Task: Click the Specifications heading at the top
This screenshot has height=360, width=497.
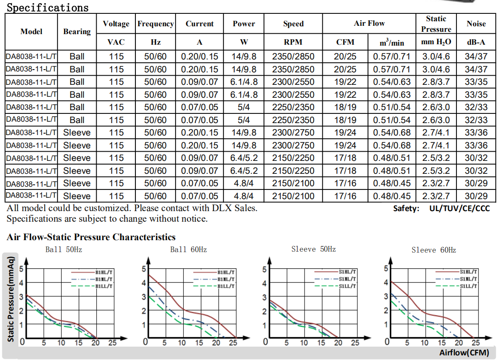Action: tap(47, 7)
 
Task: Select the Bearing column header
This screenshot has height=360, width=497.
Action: tap(77, 31)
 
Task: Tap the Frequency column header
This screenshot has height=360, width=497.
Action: tap(156, 24)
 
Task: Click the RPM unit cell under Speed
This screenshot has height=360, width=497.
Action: tap(293, 42)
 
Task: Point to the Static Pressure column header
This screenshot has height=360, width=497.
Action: tap(436, 24)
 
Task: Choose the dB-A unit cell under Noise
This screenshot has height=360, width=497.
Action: tap(476, 42)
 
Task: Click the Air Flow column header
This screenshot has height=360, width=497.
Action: tap(369, 24)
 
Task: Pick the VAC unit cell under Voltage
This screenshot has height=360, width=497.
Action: tap(116, 42)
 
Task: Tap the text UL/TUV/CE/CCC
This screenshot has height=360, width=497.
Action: tap(459, 208)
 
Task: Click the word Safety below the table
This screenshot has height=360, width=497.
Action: tap(406, 208)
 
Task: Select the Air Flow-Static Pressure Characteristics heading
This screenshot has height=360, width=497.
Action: tap(91, 237)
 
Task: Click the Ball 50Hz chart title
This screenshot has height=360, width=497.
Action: tap(64, 250)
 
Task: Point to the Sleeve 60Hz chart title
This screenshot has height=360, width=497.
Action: tap(433, 250)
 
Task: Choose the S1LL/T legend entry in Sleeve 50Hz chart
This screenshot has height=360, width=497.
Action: tap(347, 286)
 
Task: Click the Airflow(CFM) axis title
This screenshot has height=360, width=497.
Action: tap(463, 353)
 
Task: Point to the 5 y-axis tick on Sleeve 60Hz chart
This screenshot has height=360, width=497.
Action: tap(386, 269)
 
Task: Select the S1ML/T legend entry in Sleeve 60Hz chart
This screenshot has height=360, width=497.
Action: tap(469, 279)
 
